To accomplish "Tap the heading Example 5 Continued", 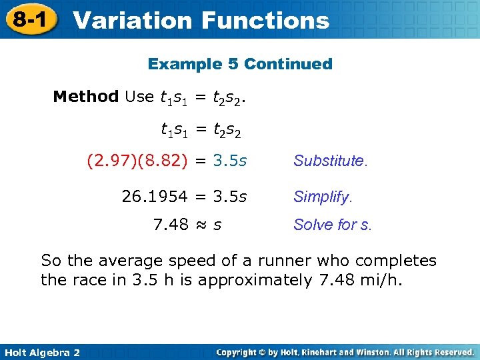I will point(240,64).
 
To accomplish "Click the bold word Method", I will point(85,97).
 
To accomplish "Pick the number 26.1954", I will point(155,197).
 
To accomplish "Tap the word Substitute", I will point(329,161).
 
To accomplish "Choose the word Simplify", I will point(323,197).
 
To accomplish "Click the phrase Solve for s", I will point(333,225).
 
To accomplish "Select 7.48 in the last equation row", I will point(171,225).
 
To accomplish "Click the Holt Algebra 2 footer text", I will point(41,352).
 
